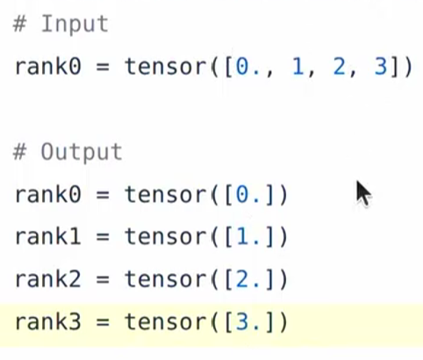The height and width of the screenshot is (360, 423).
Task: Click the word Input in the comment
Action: pyautogui.click(x=75, y=25)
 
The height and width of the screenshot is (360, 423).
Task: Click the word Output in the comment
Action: pyautogui.click(x=82, y=152)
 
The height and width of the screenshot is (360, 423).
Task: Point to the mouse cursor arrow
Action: pyautogui.click(x=363, y=194)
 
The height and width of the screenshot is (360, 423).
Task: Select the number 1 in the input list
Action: pyautogui.click(x=298, y=67)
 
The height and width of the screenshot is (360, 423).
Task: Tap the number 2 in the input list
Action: pyautogui.click(x=339, y=67)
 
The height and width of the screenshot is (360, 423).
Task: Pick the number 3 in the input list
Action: pyautogui.click(x=381, y=67)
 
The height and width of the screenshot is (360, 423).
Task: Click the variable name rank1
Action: pyautogui.click(x=47, y=236)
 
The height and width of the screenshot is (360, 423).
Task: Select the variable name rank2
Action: pyautogui.click(x=47, y=279)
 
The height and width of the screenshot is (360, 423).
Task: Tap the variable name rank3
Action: pyautogui.click(x=47, y=321)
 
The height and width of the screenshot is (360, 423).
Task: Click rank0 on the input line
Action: pyautogui.click(x=47, y=67)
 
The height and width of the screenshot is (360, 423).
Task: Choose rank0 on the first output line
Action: pyautogui.click(x=47, y=195)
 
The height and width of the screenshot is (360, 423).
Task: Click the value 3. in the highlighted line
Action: pyautogui.click(x=247, y=322)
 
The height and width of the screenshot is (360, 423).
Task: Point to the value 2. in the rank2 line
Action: pyautogui.click(x=247, y=279)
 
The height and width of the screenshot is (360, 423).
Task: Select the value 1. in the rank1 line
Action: pyautogui.click(x=247, y=237)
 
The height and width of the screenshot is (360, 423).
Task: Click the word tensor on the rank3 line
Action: pyautogui.click(x=166, y=322)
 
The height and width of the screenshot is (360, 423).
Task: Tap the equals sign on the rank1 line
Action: pyautogui.click(x=103, y=237)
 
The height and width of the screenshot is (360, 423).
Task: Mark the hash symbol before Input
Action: pyautogui.click(x=20, y=25)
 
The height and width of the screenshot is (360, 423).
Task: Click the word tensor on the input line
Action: pyautogui.click(x=166, y=67)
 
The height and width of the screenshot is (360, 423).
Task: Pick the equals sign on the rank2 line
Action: pyautogui.click(x=103, y=279)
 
